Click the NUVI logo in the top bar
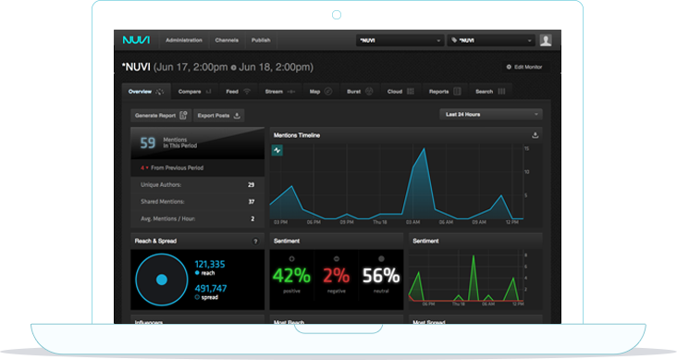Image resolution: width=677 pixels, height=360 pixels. tap(136, 40)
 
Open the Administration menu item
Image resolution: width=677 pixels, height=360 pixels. tap(185, 41)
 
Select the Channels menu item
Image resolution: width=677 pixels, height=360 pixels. tap(227, 41)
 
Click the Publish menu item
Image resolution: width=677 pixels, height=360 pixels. tap(261, 41)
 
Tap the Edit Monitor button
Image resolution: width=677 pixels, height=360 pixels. tap(524, 67)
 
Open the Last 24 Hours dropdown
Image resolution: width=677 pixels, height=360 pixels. tap(490, 114)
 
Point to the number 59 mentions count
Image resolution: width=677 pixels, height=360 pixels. tap(148, 143)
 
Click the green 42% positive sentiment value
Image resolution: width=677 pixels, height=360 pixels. tap(290, 275)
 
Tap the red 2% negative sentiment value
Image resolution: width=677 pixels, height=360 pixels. tap(336, 275)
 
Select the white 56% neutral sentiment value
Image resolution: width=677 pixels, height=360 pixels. tap(380, 275)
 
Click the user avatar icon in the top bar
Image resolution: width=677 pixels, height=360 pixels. tap(546, 40)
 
